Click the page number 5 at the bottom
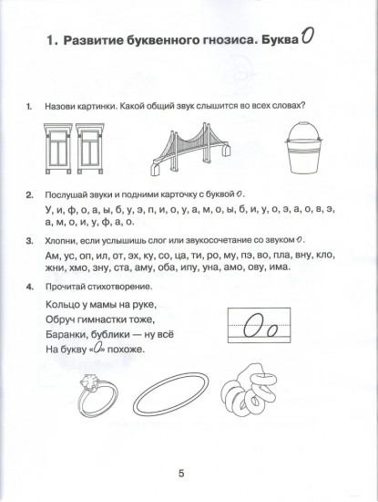point(181,472)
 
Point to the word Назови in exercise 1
point(62,104)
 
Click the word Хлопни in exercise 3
point(63,240)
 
